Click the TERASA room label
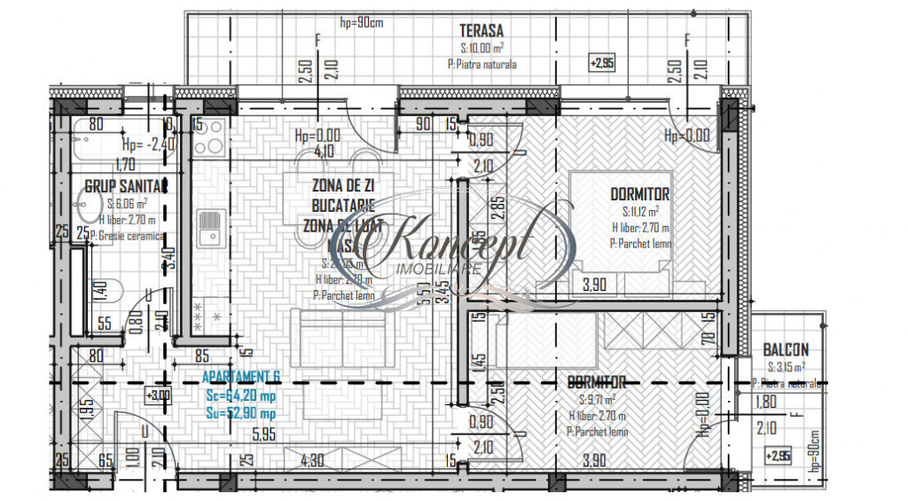(482, 29)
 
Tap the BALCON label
(785, 350)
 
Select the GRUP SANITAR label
(126, 186)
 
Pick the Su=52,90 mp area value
(240, 412)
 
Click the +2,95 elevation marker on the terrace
(601, 63)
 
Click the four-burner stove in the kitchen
(208, 137)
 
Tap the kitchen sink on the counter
(209, 228)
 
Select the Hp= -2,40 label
(145, 145)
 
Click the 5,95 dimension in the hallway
(263, 435)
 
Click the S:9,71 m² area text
(599, 400)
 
